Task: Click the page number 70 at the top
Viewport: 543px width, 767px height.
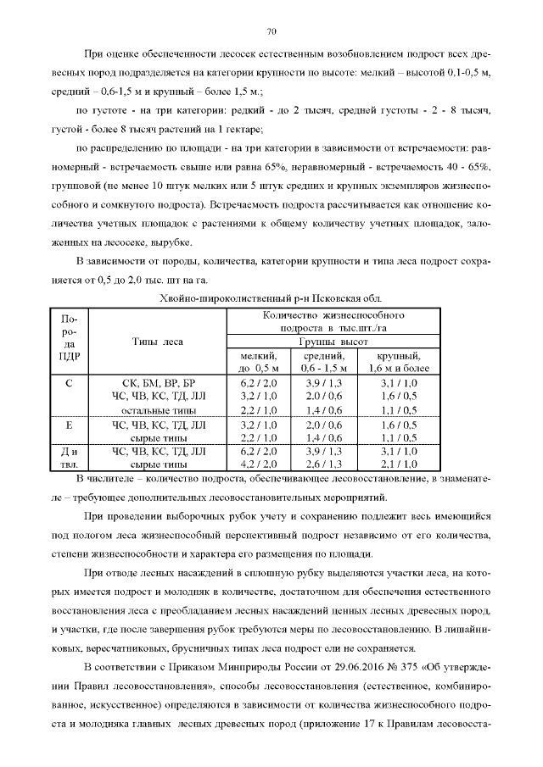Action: click(x=271, y=32)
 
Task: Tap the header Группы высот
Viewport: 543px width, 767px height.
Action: click(x=332, y=342)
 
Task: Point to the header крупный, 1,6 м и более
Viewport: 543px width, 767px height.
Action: click(x=399, y=362)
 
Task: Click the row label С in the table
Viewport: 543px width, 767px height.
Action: click(x=70, y=383)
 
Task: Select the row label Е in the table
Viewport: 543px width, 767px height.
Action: click(x=70, y=424)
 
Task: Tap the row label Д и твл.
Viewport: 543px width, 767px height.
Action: click(x=70, y=458)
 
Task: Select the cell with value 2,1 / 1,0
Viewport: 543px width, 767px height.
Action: click(x=399, y=464)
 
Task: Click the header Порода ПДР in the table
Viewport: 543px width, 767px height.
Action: click(x=70, y=336)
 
